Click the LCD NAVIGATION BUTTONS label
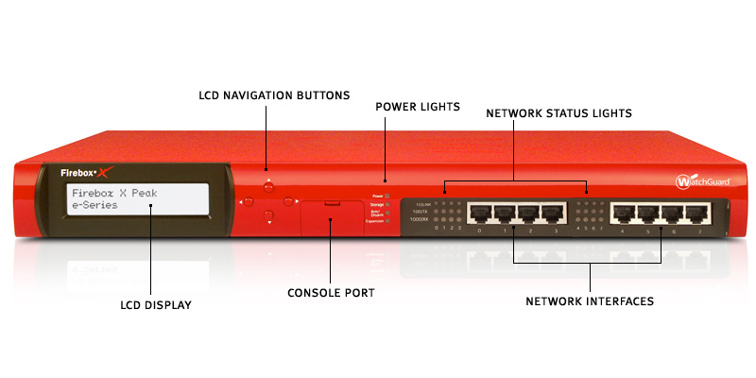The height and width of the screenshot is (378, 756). (274, 95)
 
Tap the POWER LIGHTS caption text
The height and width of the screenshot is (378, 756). (418, 107)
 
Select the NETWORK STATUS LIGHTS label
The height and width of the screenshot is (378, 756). (558, 112)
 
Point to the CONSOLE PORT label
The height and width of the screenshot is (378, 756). (331, 293)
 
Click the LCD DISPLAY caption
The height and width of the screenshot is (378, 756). (156, 305)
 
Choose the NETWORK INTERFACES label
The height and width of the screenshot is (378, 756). (590, 301)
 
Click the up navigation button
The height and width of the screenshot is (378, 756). (268, 185)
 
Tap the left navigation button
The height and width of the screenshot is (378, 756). (249, 200)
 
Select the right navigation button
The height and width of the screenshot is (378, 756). (288, 200)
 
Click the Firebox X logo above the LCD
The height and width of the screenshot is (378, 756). (88, 173)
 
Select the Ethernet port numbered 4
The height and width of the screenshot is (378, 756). (623, 213)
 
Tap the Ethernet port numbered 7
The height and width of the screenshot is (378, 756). (699, 213)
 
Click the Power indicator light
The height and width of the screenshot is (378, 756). (387, 194)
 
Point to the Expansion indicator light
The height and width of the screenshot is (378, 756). (387, 219)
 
